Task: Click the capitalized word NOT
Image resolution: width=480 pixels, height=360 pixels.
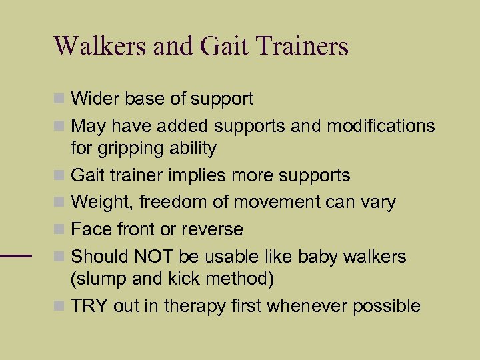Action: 154,256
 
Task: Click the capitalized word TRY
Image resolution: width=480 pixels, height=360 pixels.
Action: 89,306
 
